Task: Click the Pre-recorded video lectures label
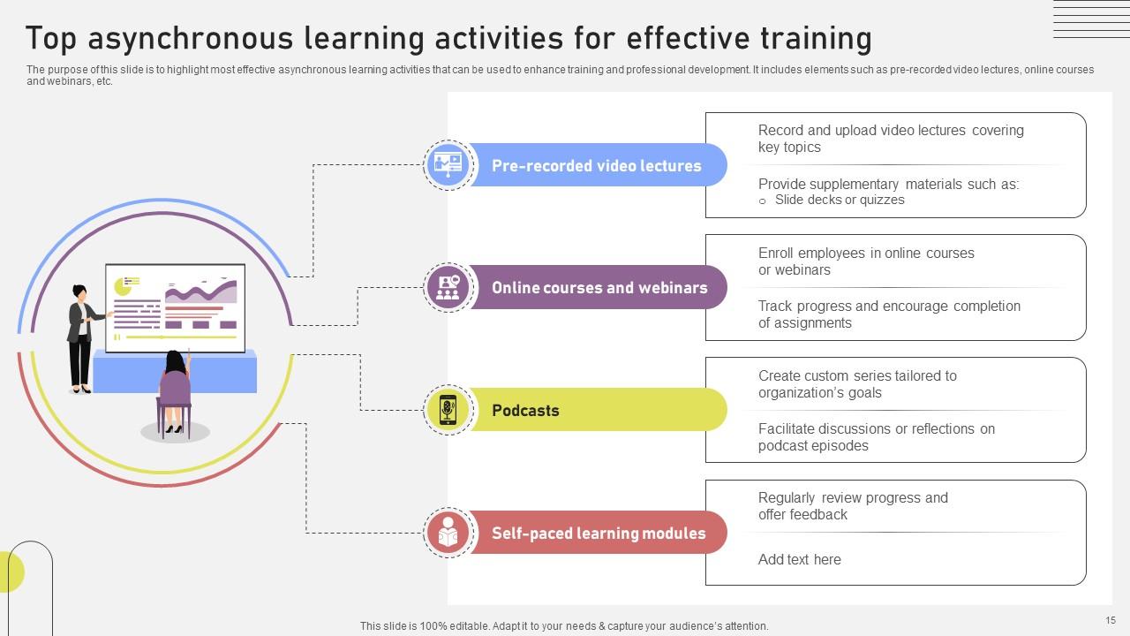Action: point(596,166)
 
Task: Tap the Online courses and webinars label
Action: point(599,288)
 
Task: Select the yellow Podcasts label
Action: point(525,411)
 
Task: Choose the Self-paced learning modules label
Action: point(599,534)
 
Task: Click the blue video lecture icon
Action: point(448,164)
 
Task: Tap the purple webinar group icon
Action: point(448,287)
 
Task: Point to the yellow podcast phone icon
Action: point(448,410)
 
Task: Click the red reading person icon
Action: point(448,533)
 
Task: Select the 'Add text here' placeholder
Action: point(799,559)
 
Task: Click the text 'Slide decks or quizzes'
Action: point(839,200)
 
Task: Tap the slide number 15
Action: point(1111,621)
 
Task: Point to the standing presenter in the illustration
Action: point(81,337)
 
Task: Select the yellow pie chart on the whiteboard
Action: point(123,285)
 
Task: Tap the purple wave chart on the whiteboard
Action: point(200,292)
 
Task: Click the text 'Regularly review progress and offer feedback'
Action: point(853,506)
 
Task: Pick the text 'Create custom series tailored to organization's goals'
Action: point(856,384)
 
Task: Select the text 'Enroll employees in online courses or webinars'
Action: point(865,261)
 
